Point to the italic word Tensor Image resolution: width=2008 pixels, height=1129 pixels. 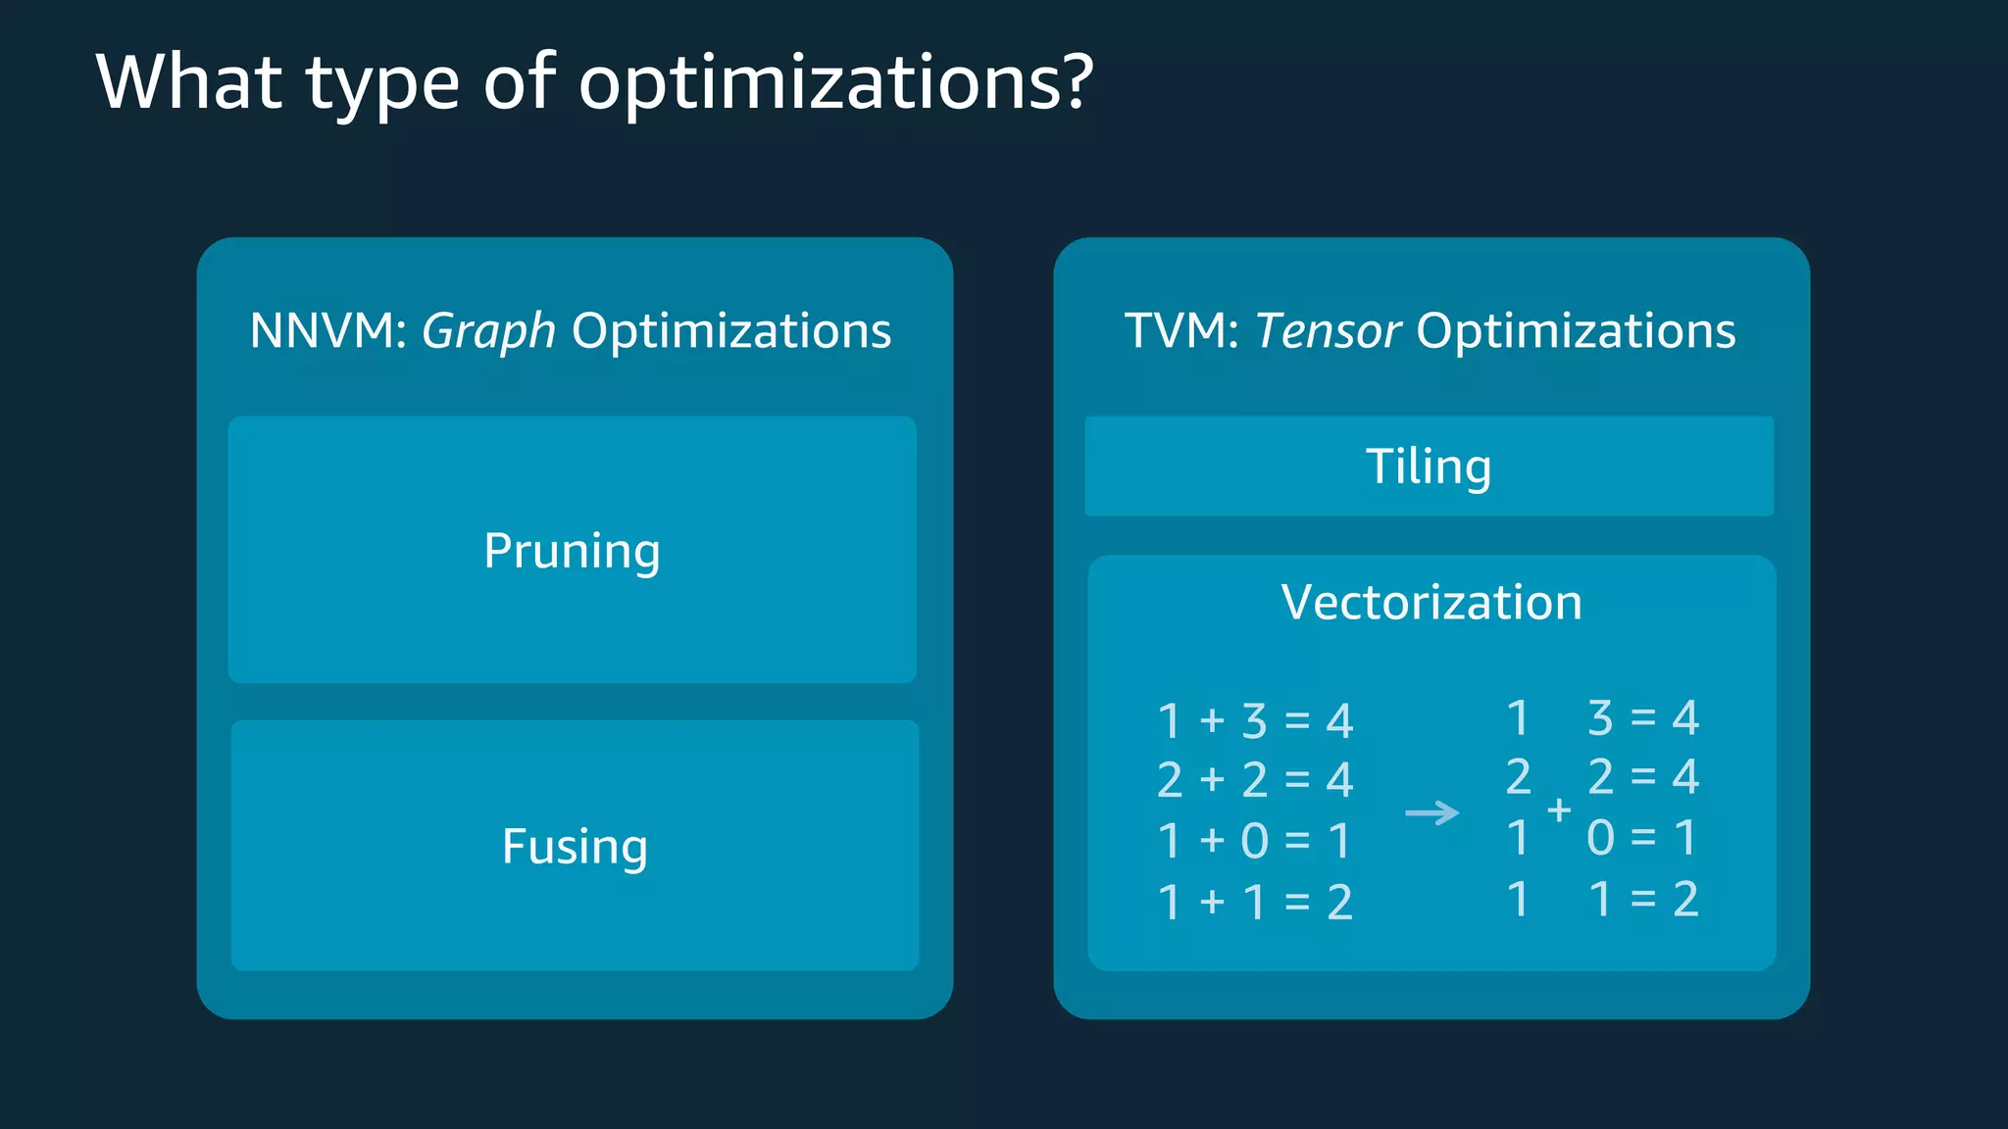pos(1328,331)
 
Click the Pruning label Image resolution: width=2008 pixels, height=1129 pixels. pos(572,551)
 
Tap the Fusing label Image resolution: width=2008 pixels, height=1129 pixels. pos(575,847)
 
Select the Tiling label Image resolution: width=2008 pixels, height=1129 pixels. pos(1429,466)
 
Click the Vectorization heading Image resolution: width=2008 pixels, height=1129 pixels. pos(1431,602)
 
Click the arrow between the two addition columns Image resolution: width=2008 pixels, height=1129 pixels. pos(1431,812)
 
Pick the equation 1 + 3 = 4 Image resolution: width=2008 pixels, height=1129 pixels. pos(1255,721)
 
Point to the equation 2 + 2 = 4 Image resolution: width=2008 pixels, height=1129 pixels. pos(1255,781)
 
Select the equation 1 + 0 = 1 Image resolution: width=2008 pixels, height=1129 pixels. pos(1255,841)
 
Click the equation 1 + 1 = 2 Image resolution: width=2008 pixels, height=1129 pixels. pos(1255,902)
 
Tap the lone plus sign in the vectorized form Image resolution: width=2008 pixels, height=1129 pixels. pos(1559,810)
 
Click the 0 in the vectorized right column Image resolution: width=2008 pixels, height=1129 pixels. pos(1600,838)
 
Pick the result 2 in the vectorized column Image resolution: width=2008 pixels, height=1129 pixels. pos(1684,900)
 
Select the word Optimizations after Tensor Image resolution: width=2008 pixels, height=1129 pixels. pos(1576,331)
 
